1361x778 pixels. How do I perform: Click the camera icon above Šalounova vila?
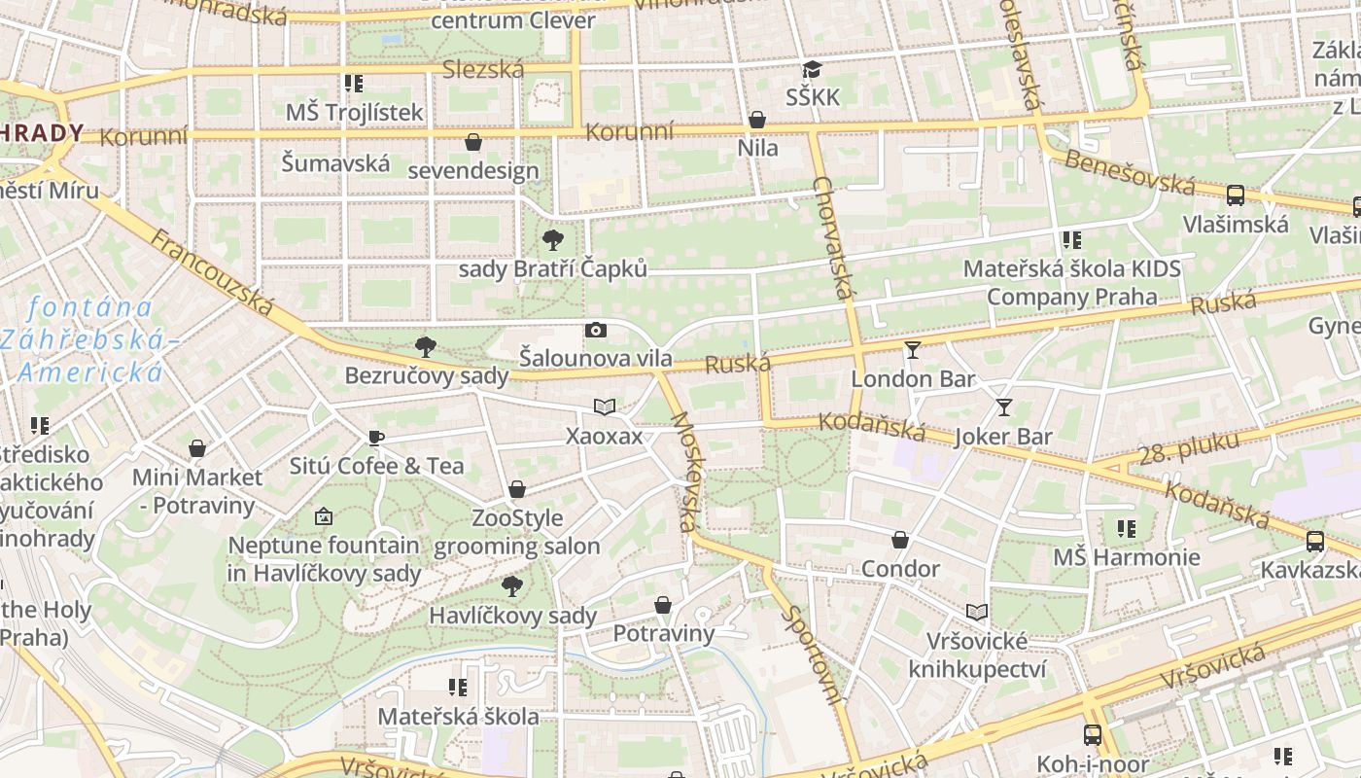click(x=596, y=331)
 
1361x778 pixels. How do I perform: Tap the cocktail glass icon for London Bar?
click(x=912, y=350)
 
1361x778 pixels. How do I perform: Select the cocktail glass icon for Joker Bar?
click(x=1003, y=407)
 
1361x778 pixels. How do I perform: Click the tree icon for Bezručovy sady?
click(x=425, y=347)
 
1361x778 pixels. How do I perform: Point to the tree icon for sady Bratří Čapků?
click(x=552, y=240)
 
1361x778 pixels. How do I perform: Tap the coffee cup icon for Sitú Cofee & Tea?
click(x=376, y=438)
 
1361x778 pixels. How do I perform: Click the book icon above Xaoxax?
click(x=605, y=407)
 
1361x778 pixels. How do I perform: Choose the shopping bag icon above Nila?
click(x=757, y=120)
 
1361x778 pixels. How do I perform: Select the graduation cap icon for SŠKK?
click(x=812, y=69)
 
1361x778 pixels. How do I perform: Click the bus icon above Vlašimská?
click(x=1235, y=195)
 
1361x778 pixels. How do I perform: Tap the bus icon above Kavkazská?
click(x=1314, y=542)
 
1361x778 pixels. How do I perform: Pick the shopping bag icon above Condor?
click(x=900, y=540)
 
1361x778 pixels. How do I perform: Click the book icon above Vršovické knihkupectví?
click(x=976, y=613)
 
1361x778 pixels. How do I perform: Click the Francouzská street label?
click(x=211, y=271)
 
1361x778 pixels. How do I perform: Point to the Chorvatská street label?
click(x=835, y=238)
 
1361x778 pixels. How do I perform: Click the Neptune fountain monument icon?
click(x=323, y=516)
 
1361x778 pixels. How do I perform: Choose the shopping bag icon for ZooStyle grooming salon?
click(x=517, y=489)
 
